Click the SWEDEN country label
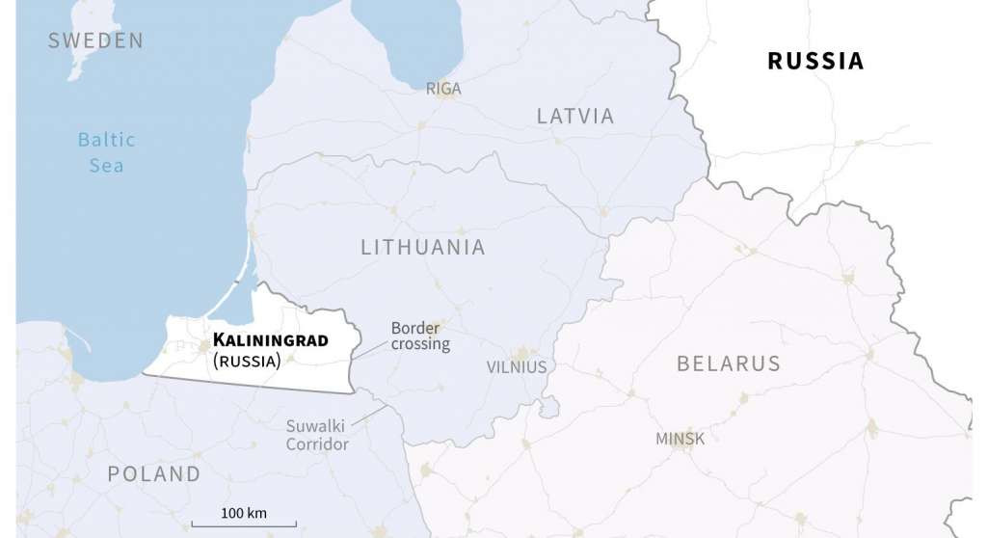pos(95,40)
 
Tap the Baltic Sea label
pos(106,152)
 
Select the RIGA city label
pos(443,89)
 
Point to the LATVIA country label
pos(575,117)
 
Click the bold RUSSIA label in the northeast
pos(814,61)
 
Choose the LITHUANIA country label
pos(423,248)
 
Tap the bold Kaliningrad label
pos(270,340)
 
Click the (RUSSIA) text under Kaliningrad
pos(247,362)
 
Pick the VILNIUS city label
pos(517,367)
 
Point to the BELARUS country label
pos(728,364)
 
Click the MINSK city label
pos(680,439)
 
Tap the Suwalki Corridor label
pos(317,435)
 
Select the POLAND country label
pos(154,474)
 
